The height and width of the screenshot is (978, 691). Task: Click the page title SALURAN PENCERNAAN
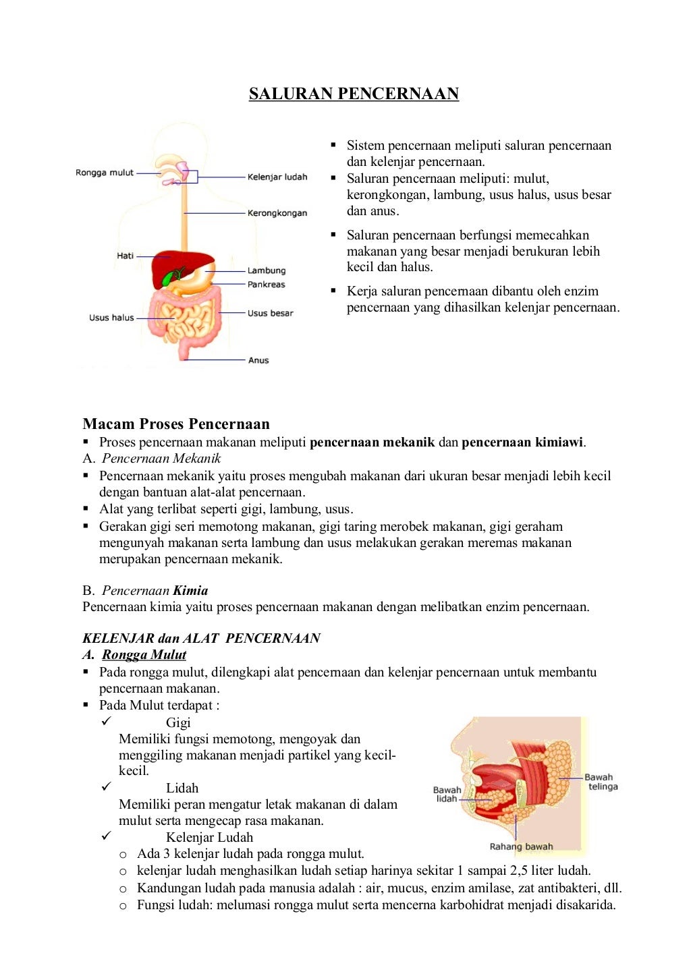coord(354,94)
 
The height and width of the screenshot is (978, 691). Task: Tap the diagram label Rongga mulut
coord(105,173)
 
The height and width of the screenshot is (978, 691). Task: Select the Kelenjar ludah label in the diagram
coord(277,177)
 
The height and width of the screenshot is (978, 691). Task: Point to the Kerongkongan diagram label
coord(277,213)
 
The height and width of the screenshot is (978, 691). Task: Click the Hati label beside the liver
coord(125,256)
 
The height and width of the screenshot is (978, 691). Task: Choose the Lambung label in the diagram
coord(266,270)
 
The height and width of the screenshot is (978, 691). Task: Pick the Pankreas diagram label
coord(266,285)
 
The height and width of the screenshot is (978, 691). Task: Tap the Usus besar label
coord(270,313)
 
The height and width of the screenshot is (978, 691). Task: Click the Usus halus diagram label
coord(111,318)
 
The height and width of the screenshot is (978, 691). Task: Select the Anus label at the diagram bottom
coord(258,360)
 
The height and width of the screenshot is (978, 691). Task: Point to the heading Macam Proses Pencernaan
coord(176,424)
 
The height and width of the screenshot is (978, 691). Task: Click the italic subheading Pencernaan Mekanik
coord(161,459)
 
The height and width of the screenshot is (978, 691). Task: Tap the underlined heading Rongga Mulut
coord(144,655)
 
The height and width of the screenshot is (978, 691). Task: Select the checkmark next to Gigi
coord(106,722)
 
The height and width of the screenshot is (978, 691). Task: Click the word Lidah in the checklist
coord(182,788)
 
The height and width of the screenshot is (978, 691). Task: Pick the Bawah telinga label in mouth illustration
coord(601,782)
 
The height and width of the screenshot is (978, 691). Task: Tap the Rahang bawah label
coord(521,846)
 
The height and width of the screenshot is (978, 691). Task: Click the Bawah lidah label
coord(447,794)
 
